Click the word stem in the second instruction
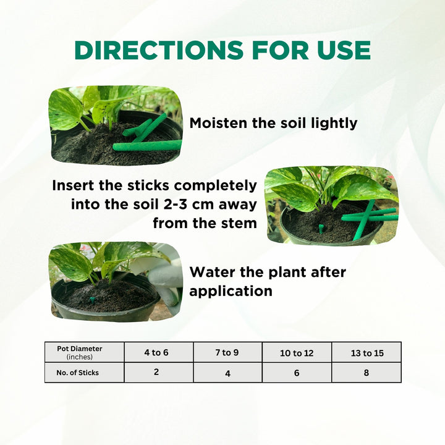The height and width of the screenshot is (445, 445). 239,223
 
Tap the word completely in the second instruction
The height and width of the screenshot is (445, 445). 216,186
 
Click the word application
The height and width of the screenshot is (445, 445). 231,292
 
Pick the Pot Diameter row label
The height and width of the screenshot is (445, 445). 80,352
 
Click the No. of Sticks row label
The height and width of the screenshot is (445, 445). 77,373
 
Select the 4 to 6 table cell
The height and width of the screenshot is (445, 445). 156,352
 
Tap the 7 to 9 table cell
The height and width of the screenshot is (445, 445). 227,352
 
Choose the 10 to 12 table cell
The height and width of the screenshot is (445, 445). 297,353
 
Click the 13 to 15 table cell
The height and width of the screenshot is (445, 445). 367,353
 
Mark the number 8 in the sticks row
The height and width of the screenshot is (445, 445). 367,373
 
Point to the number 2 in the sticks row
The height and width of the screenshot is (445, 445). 156,372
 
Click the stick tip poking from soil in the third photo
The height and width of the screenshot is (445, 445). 92,300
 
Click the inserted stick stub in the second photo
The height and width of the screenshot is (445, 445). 321,228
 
